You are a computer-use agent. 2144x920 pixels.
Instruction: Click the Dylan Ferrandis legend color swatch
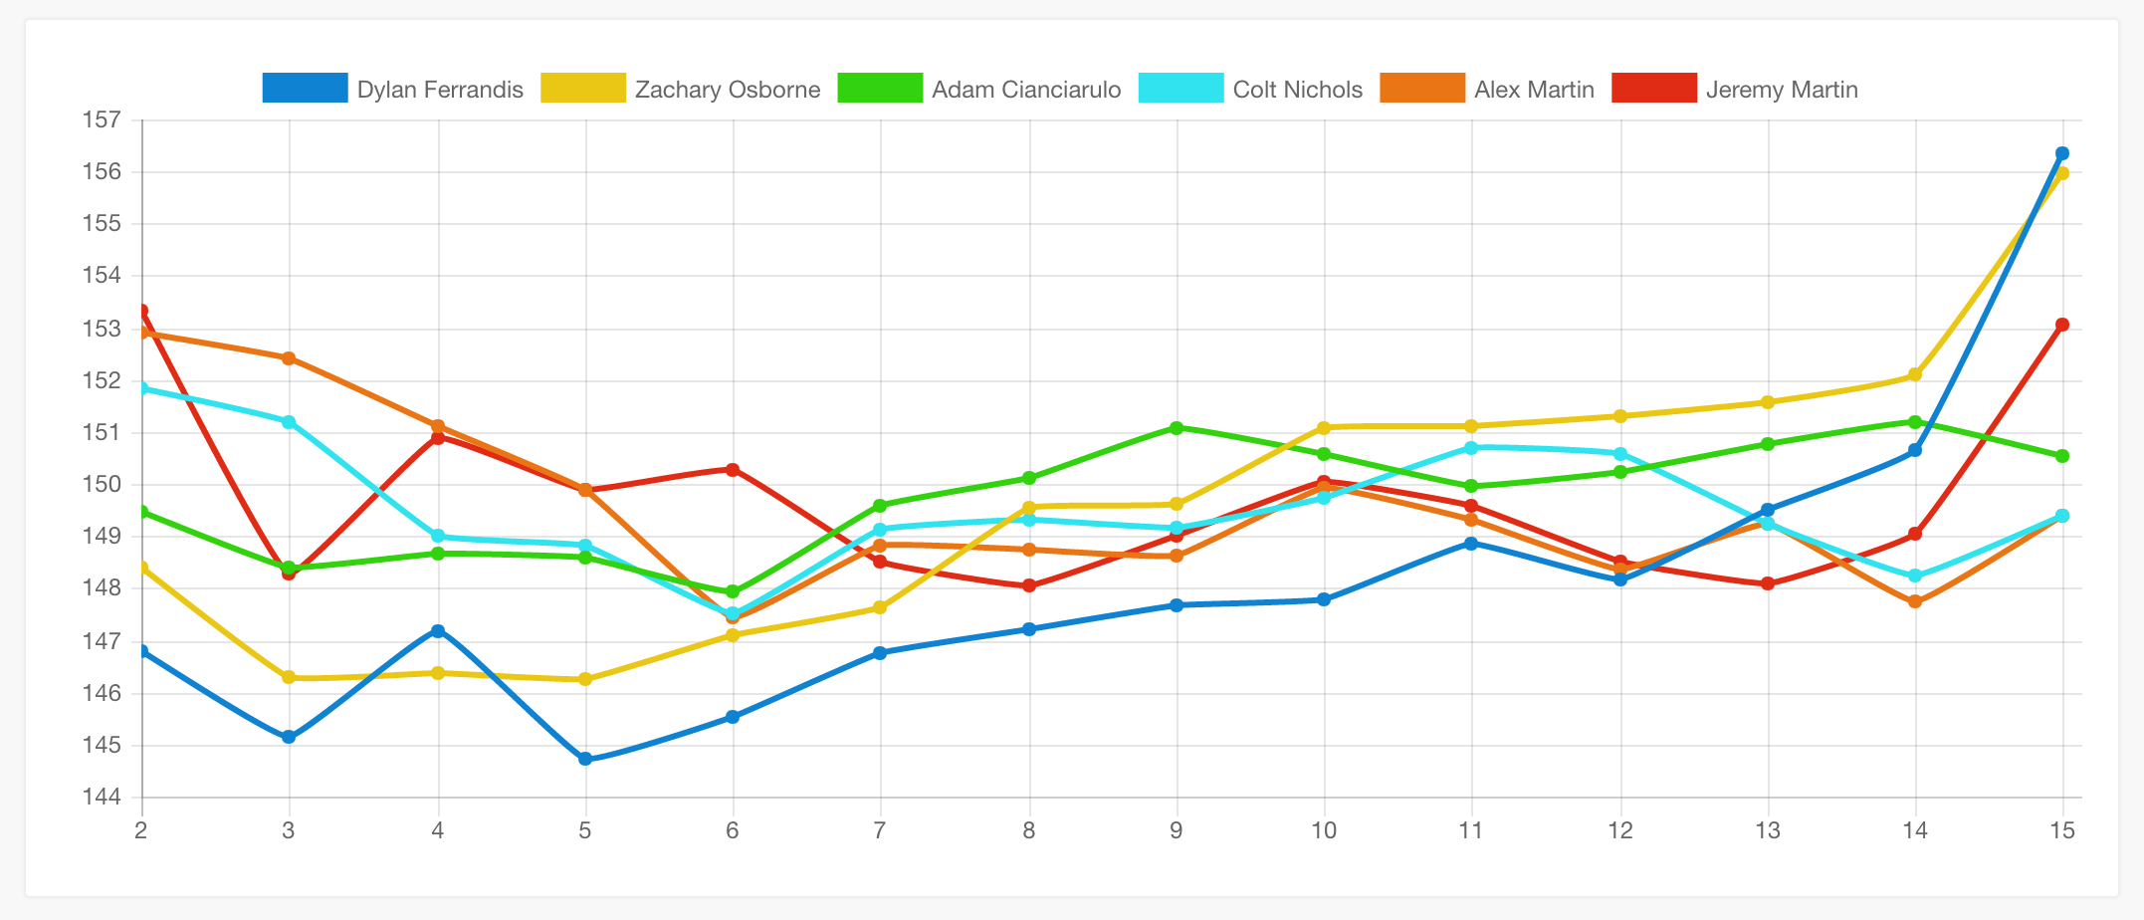305,89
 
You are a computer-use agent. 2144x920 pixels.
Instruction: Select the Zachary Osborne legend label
728,90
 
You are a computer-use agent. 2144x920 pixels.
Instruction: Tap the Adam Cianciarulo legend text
1026,90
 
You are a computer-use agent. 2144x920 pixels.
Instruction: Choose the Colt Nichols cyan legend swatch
1179,89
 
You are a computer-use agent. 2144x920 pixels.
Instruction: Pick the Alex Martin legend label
1534,90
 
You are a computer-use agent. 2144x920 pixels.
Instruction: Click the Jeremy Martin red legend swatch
1653,89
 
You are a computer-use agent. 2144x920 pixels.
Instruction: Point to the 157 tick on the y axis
101,120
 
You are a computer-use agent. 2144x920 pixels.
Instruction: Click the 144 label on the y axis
101,798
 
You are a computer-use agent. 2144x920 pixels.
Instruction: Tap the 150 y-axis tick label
101,485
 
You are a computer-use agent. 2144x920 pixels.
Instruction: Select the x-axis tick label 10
1323,830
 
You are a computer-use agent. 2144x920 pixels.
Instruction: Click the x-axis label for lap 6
733,830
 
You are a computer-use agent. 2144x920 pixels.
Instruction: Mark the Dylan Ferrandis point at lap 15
2062,153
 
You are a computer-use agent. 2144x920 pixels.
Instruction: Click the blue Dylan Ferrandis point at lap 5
585,759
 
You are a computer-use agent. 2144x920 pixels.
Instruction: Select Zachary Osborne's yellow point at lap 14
1915,375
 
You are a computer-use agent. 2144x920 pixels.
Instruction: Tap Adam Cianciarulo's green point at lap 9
1177,428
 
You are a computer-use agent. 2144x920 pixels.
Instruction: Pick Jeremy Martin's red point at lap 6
733,469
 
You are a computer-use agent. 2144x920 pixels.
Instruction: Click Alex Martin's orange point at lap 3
289,358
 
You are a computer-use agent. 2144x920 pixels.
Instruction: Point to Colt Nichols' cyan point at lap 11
1471,448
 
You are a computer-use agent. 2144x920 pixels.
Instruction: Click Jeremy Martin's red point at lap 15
2062,325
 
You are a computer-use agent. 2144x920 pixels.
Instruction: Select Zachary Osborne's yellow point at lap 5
585,679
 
